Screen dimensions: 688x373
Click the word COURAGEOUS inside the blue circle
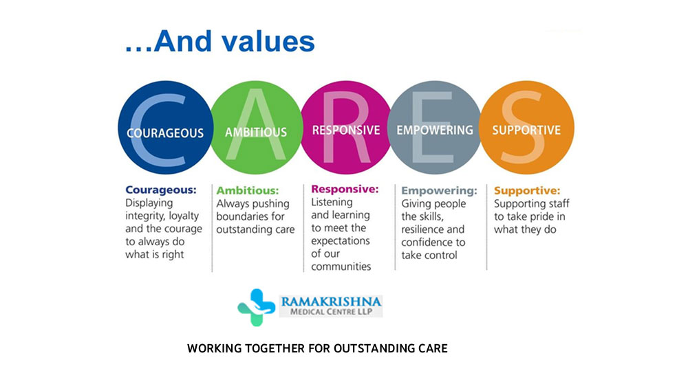click(x=165, y=133)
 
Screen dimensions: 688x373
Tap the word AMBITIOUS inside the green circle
click(x=256, y=133)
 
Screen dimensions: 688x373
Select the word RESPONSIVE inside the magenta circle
click(x=346, y=131)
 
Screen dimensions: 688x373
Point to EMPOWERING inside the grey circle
click(x=435, y=131)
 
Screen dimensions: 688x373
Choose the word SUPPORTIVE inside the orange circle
click(x=526, y=131)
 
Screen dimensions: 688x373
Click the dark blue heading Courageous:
click(x=161, y=190)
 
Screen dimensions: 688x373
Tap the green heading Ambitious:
click(x=248, y=191)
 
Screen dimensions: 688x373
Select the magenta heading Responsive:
click(x=345, y=189)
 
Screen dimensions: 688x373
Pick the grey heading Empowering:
click(x=439, y=191)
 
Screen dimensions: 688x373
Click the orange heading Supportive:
click(x=527, y=191)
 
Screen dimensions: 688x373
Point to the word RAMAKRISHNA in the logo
click(x=332, y=302)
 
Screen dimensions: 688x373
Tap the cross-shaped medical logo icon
click(x=256, y=307)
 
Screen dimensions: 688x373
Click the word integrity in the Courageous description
click(x=145, y=216)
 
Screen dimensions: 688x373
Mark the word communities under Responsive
click(x=341, y=267)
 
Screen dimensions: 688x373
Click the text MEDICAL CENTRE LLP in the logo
click(x=332, y=312)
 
